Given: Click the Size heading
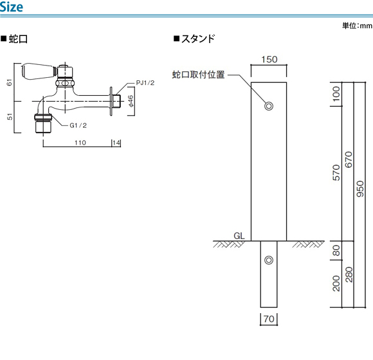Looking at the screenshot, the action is tap(12, 6).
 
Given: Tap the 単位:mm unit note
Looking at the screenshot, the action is tap(357, 26).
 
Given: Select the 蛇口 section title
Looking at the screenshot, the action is tap(14, 39).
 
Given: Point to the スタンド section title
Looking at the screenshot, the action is tap(194, 39).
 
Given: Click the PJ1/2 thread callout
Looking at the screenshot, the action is tap(145, 83).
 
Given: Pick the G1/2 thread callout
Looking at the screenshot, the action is tap(78, 125).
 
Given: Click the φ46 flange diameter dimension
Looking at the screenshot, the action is tap(131, 102).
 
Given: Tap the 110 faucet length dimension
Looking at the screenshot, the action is tap(80, 143).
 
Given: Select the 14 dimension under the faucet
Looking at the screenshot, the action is tap(116, 143).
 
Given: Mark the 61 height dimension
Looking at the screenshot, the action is tap(9, 82).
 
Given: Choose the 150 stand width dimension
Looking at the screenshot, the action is tap(269, 59).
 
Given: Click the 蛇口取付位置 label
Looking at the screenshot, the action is tap(198, 75).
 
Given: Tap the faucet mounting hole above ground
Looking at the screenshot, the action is tap(269, 106).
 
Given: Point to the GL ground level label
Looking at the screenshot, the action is tap(239, 236).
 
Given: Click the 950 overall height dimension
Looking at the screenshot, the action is tap(360, 189).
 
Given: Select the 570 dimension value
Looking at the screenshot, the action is tap(336, 173).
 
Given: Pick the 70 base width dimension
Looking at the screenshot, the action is tap(269, 319).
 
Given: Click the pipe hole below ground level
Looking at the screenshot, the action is tap(269, 260).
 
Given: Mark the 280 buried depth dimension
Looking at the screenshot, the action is tap(349, 274).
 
